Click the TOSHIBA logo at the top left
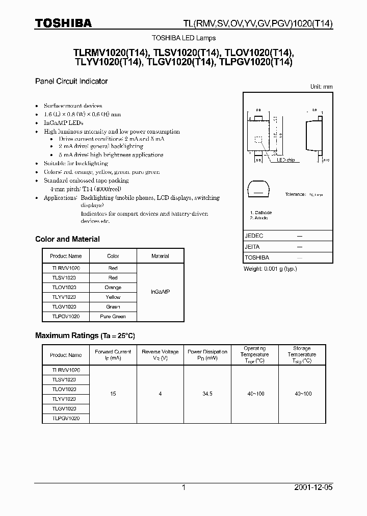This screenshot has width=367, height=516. point(63,23)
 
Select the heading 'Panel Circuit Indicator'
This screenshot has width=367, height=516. point(71,81)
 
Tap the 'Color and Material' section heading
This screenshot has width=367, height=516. point(67,239)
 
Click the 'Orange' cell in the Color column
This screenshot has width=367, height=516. point(113,288)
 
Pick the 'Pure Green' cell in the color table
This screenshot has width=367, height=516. point(113,317)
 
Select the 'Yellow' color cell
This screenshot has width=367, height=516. point(113,297)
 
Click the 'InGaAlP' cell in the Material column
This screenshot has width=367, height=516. point(160,292)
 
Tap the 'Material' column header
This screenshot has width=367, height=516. point(160,256)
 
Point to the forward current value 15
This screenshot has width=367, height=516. point(113,394)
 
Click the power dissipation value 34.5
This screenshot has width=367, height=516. point(207,394)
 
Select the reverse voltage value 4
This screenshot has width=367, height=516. point(160,394)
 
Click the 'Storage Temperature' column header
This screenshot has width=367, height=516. point(302,355)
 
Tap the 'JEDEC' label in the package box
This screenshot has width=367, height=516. point(254,237)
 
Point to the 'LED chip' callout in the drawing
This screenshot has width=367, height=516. point(285,160)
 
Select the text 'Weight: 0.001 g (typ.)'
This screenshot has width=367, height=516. point(271,269)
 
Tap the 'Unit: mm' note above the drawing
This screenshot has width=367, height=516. point(321,87)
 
